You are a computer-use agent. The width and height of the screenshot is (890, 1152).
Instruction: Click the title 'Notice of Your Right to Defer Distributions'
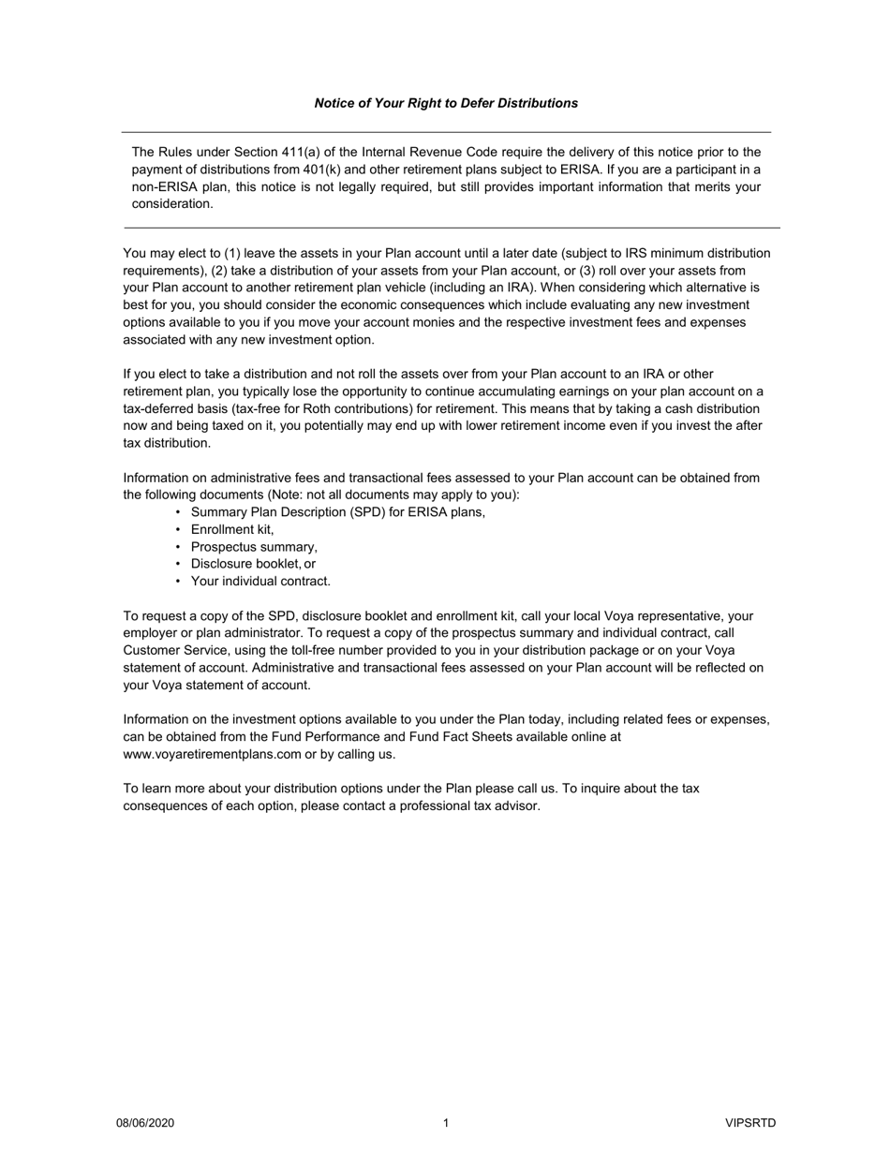coord(446,103)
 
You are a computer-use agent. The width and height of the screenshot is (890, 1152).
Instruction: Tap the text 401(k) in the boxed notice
coord(325,170)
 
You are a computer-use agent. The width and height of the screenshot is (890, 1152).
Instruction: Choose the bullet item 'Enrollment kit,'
coord(232,529)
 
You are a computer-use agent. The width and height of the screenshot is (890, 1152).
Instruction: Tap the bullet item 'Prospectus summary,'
coord(254,547)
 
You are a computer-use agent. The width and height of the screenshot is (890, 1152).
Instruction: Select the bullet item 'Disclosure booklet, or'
coord(253,564)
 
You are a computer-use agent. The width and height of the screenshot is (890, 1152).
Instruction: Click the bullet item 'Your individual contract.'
coord(260,581)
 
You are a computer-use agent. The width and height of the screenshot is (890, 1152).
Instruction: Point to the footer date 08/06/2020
coord(145,1123)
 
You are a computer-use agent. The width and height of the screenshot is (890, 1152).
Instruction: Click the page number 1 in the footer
coord(446,1123)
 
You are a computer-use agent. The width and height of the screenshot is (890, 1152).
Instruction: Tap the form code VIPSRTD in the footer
coord(750,1123)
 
